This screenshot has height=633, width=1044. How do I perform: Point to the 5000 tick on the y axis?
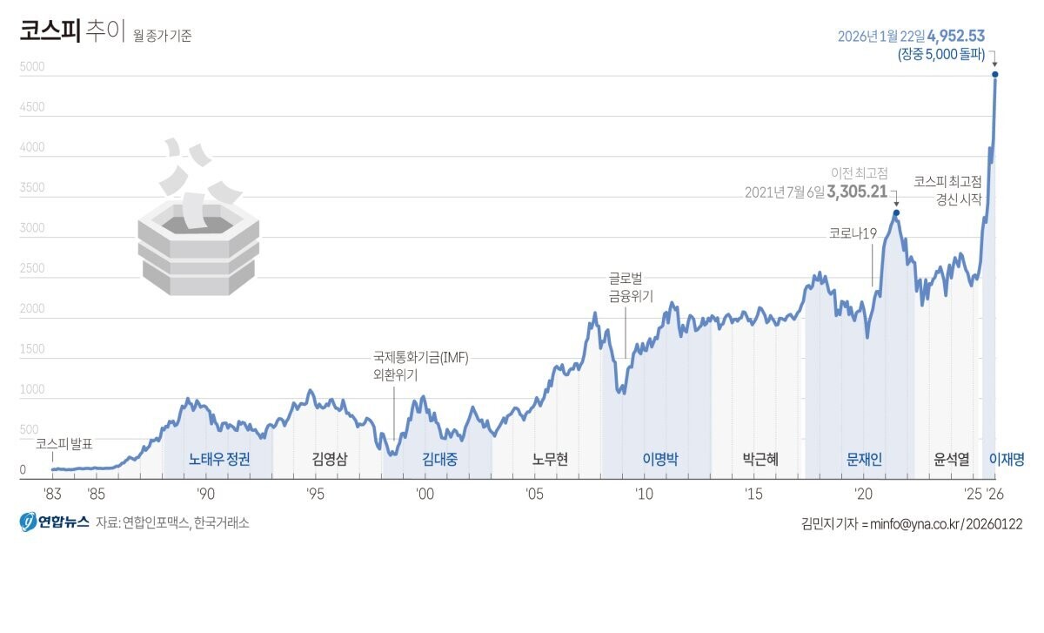tap(31, 67)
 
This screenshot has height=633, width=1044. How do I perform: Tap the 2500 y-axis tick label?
tap(31, 269)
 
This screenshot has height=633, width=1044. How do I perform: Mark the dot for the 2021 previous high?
tap(896, 212)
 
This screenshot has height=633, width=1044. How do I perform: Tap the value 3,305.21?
tap(856, 192)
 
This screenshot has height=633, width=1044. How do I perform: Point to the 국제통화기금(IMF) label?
tap(420, 358)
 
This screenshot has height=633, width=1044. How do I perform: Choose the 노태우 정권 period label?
tap(219, 460)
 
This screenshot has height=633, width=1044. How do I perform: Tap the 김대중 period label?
tap(440, 460)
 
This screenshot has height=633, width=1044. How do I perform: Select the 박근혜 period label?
tap(760, 460)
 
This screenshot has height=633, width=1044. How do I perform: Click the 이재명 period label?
tap(1007, 460)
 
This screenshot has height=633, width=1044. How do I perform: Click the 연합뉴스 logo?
tap(54, 522)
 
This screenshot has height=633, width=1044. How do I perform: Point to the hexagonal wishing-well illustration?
tap(198, 235)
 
